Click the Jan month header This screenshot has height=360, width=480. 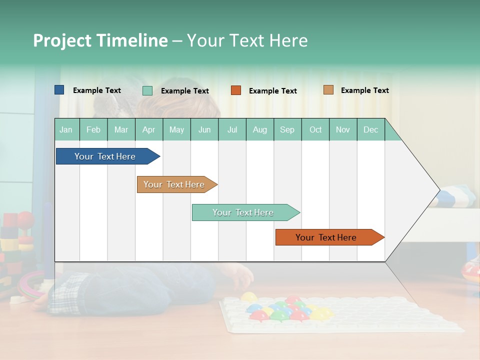pos(66,129)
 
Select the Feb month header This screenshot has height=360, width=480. pos(93,129)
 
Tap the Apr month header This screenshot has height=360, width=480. pos(149,129)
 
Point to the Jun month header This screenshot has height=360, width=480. pos(204,129)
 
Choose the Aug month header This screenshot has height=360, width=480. pos(260,129)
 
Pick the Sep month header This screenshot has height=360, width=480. pos(287,129)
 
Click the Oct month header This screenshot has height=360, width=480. pos(315,129)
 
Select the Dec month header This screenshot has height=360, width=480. pos(371,129)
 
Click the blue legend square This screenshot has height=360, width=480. pos(59,90)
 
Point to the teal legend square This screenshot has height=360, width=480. pos(147,90)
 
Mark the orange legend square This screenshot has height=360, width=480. pos(236,90)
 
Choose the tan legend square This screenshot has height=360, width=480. pos(328,90)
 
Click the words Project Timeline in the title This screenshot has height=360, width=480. pos(100,40)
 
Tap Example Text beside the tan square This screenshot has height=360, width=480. pos(364,90)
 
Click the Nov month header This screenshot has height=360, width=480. pos(343,129)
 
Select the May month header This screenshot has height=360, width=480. pos(176,129)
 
